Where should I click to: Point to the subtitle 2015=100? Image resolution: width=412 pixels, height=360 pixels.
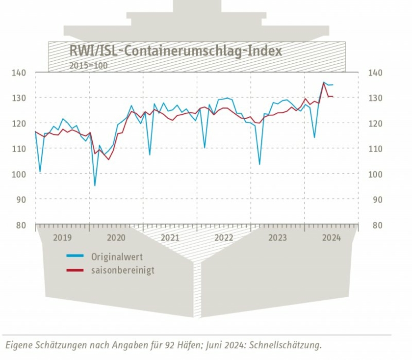coord(89,64)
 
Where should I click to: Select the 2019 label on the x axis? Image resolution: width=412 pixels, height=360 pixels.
coord(62,238)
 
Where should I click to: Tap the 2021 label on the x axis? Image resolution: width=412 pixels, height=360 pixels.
coord(170,238)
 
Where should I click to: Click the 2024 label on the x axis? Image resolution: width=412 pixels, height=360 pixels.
coord(331,238)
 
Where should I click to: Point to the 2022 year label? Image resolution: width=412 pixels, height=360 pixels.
coord(224,238)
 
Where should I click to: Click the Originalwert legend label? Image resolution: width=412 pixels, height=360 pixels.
coord(117,257)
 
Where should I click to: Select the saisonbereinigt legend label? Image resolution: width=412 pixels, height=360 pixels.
coord(123,270)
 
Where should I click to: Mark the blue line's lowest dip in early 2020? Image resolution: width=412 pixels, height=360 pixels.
coord(95,185)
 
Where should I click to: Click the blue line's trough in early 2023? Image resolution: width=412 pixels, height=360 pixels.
coord(259,164)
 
